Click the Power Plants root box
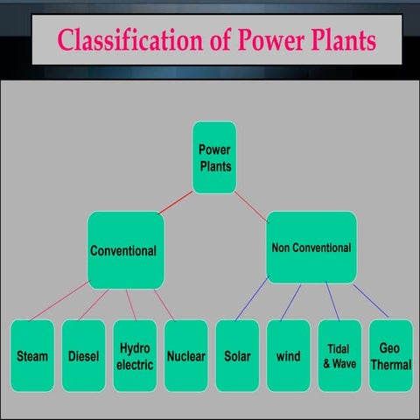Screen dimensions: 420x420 (x=214, y=157)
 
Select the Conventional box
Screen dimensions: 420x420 (x=123, y=250)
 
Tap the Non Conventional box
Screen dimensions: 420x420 (x=311, y=248)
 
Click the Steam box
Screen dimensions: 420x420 (x=32, y=356)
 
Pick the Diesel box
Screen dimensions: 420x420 (x=83, y=356)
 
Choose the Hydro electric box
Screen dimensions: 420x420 (x=135, y=356)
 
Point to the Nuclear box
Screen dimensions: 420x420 (x=185, y=356)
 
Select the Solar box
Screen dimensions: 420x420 (x=237, y=356)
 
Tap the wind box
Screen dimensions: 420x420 (x=288, y=356)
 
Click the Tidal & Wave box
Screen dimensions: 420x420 (x=339, y=356)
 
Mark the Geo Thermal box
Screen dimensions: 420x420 (x=390, y=356)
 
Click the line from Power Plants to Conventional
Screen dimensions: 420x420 (x=176, y=203)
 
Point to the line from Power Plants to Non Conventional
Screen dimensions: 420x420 (x=251, y=202)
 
